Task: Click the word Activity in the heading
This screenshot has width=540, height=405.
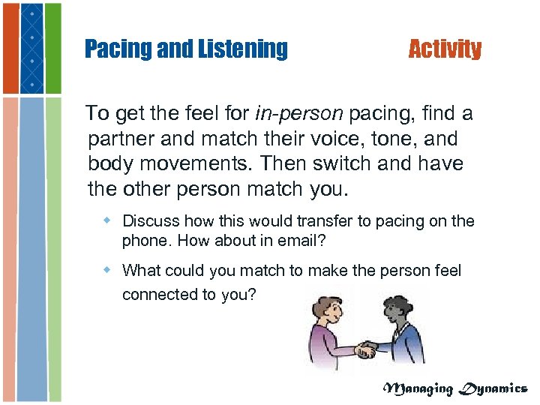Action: click(x=445, y=49)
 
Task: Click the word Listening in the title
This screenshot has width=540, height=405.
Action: click(x=242, y=49)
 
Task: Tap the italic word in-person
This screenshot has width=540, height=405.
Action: click(x=299, y=114)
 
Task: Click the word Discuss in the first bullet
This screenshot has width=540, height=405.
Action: click(x=150, y=221)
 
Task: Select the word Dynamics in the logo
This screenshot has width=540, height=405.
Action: click(x=494, y=388)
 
